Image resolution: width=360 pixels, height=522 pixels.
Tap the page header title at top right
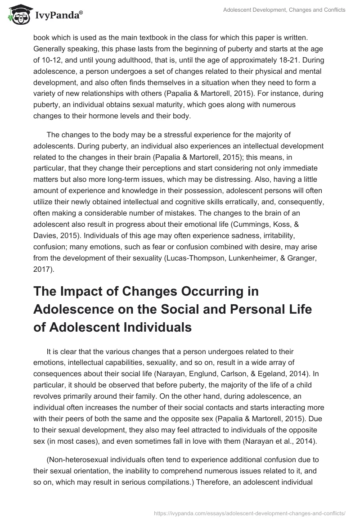(x=284, y=10)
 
